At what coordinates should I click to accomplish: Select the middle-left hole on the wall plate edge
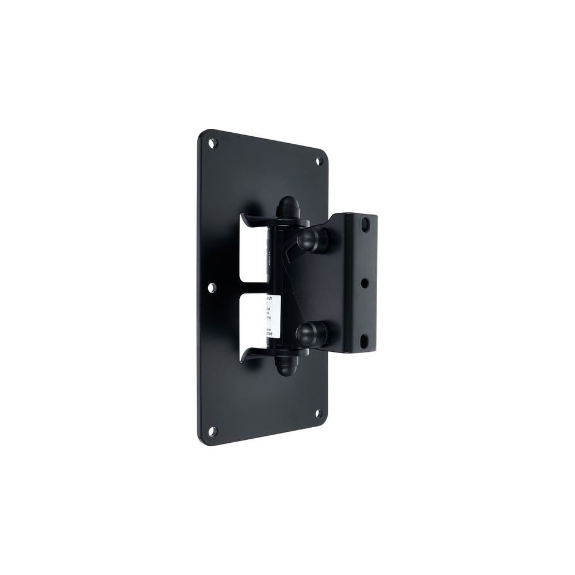212,286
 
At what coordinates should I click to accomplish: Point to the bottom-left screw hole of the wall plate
213,430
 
